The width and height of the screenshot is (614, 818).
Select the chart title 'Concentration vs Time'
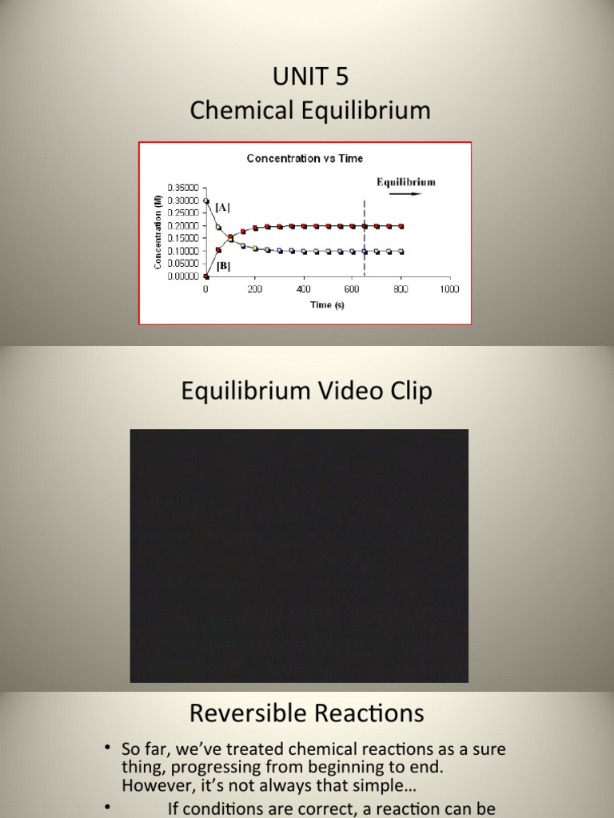pos(305,158)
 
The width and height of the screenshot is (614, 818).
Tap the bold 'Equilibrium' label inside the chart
pos(406,181)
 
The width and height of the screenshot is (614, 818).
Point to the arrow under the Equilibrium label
pos(407,193)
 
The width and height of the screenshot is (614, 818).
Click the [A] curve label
pos(223,207)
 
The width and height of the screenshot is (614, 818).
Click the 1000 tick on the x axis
pos(449,289)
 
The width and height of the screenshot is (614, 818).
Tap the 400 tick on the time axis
pos(303,289)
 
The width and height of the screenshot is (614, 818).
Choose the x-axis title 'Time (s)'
pos(328,305)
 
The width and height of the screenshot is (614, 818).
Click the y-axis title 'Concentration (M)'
pos(158,232)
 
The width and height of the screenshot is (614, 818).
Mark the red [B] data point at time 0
pos(206,276)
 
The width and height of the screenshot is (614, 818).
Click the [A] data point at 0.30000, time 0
pos(206,201)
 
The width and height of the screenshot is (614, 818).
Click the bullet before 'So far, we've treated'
pos(106,749)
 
